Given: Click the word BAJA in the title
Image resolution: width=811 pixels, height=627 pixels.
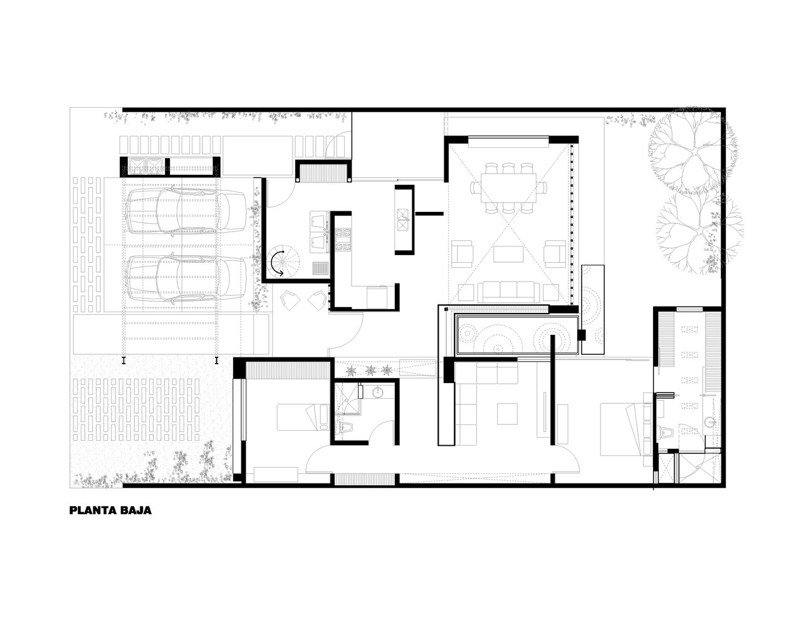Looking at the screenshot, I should pos(137,510).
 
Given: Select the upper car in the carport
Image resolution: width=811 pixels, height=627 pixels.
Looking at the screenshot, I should pos(186,213).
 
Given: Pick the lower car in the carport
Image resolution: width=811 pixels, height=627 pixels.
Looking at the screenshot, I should pos(186,280).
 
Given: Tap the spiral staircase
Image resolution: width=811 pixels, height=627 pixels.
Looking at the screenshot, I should pos(281,263).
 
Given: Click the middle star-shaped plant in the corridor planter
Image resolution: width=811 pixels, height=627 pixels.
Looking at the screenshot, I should pos(370,370).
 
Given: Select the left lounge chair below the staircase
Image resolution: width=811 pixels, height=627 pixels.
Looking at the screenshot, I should pos(290,302).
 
